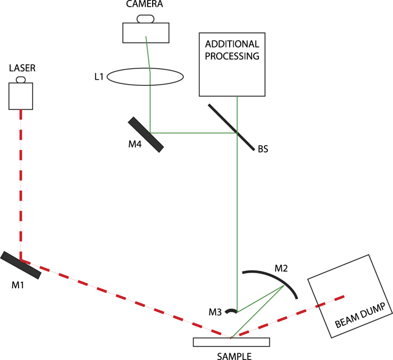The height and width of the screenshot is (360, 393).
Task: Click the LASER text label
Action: click(21, 68)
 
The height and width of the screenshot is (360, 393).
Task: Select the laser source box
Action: click(21, 96)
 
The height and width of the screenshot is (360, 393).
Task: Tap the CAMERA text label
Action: click(145, 4)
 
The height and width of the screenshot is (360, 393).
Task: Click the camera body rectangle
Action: click(145, 32)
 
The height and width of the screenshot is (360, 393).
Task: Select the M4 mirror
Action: click(146, 134)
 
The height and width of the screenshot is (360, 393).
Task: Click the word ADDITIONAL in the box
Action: click(232, 44)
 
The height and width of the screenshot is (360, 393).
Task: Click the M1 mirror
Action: click(20, 265)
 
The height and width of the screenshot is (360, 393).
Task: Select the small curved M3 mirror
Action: click(231, 310)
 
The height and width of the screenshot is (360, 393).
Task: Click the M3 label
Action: click(215, 311)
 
